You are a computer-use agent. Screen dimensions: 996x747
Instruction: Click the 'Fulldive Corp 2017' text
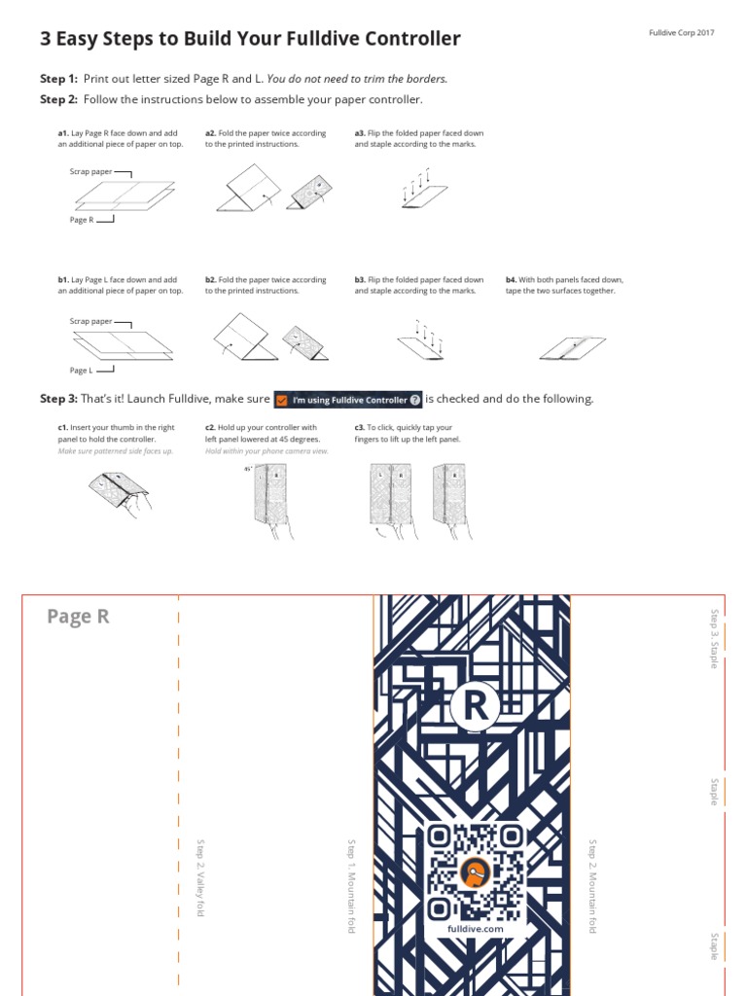pyautogui.click(x=681, y=33)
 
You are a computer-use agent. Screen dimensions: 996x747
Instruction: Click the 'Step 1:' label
pyautogui.click(x=58, y=79)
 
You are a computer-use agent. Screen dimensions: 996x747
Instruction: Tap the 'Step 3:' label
pyautogui.click(x=58, y=399)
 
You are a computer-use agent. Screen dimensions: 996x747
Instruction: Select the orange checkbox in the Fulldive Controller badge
pyautogui.click(x=282, y=400)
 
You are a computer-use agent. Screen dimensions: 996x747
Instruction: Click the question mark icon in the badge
pyautogui.click(x=415, y=400)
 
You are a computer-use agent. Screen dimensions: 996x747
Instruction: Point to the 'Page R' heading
pyautogui.click(x=78, y=617)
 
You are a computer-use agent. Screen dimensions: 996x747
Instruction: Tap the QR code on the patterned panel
pyautogui.click(x=475, y=871)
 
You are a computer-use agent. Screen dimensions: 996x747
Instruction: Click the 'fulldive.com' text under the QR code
pyautogui.click(x=475, y=929)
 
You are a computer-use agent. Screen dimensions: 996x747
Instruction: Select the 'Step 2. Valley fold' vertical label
pyautogui.click(x=200, y=876)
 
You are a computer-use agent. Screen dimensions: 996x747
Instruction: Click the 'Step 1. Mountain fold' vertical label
pyautogui.click(x=351, y=885)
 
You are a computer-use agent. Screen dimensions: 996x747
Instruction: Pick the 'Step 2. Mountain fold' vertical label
pyautogui.click(x=592, y=885)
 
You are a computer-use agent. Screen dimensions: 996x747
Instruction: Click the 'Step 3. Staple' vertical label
pyautogui.click(x=714, y=639)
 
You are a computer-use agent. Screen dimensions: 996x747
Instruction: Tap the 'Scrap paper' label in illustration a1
pyautogui.click(x=90, y=171)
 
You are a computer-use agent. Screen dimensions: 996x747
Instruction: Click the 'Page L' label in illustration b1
pyautogui.click(x=82, y=371)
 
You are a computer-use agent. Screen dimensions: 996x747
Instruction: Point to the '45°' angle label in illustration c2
pyautogui.click(x=248, y=469)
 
